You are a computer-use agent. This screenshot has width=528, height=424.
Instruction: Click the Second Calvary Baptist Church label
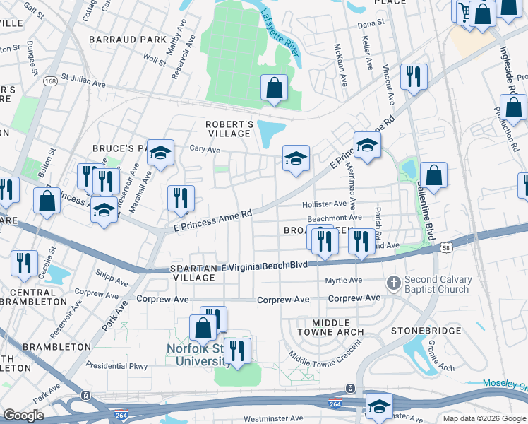pyautogui.click(x=436, y=284)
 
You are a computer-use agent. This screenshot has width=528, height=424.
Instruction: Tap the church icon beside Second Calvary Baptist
pyautogui.click(x=395, y=284)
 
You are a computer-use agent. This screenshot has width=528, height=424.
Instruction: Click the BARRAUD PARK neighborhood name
pyautogui.click(x=117, y=39)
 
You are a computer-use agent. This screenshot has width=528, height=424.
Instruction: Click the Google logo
pyautogui.click(x=23, y=416)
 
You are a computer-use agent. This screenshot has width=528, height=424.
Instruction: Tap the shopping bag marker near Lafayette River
pyautogui.click(x=274, y=88)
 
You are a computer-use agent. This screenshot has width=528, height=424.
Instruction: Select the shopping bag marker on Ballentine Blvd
pyautogui.click(x=433, y=176)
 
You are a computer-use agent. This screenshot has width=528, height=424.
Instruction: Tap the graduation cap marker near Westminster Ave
pyautogui.click(x=379, y=406)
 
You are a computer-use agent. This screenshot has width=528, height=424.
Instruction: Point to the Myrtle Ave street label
pyautogui.click(x=343, y=281)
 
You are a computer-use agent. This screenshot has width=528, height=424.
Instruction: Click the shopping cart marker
pyautogui.click(x=464, y=10)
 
